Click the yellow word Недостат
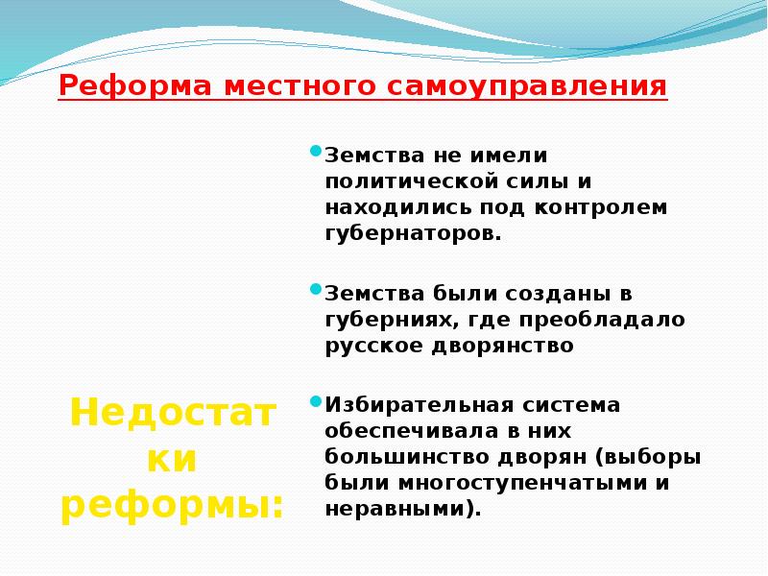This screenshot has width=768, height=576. click(172, 414)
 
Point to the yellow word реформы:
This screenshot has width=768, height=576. click(172, 505)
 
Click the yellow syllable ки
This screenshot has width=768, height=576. click(172, 460)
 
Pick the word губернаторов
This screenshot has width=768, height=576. click(413, 232)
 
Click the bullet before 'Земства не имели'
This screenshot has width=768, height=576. click(315, 152)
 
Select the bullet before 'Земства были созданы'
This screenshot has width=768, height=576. click(315, 289)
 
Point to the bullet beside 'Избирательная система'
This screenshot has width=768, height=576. click(315, 401)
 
